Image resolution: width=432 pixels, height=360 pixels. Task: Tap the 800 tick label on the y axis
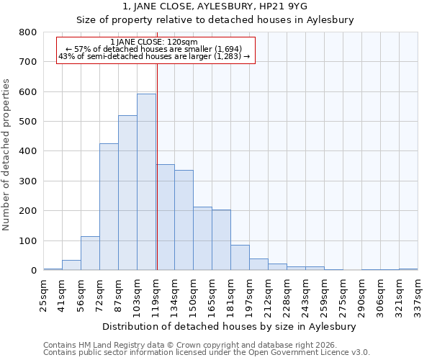[x=27, y=32]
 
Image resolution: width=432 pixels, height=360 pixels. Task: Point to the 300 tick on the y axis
[x=27, y=181]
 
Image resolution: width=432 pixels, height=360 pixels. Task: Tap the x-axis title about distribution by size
[x=230, y=326]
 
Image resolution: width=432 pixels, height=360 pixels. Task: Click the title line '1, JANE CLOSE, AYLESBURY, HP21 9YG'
[x=215, y=6]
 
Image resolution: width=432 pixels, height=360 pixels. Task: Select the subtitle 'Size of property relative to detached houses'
[x=215, y=20]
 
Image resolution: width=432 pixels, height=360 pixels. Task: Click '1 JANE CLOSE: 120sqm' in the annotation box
[x=155, y=42]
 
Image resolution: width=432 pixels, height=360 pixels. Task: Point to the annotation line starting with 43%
[x=155, y=56]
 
